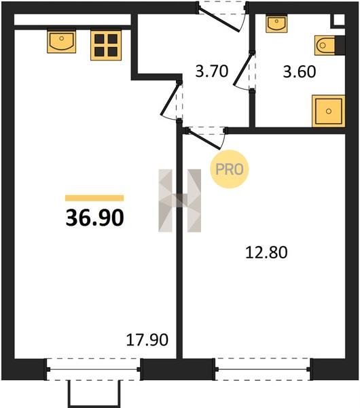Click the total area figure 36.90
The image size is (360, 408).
(95, 218)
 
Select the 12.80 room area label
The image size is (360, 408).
(266, 252)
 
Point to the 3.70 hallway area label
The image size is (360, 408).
(212, 71)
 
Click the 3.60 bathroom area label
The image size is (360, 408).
(300, 71)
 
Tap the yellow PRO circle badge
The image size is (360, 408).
(230, 169)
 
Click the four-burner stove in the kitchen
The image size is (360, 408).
(106, 46)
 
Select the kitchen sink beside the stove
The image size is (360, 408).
(62, 41)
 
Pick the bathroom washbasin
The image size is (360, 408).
(276, 23)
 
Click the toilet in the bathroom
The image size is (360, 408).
(329, 46)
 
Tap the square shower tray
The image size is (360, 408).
(329, 111)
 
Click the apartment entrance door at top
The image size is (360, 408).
(221, 17)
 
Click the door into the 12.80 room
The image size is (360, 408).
(205, 137)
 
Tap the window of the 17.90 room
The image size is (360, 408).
(94, 369)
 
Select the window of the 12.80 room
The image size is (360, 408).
(262, 369)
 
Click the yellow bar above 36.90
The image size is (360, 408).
(94, 198)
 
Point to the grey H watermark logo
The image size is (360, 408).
(179, 201)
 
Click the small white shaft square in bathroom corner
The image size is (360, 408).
(339, 20)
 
